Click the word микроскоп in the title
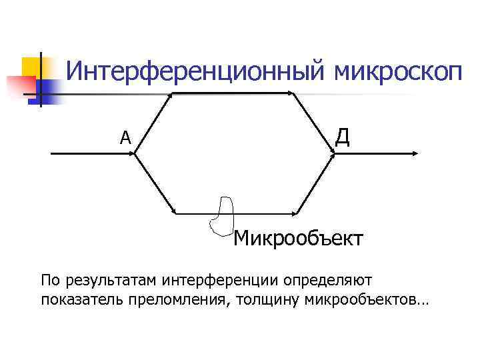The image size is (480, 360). click(398, 72)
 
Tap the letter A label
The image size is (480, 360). click(125, 138)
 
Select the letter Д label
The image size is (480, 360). click(342, 136)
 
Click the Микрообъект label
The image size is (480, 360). click(298, 238)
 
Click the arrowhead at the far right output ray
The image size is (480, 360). click(414, 153)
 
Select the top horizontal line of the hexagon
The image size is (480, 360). click(233, 93)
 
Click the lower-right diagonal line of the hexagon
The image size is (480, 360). click(315, 183)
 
